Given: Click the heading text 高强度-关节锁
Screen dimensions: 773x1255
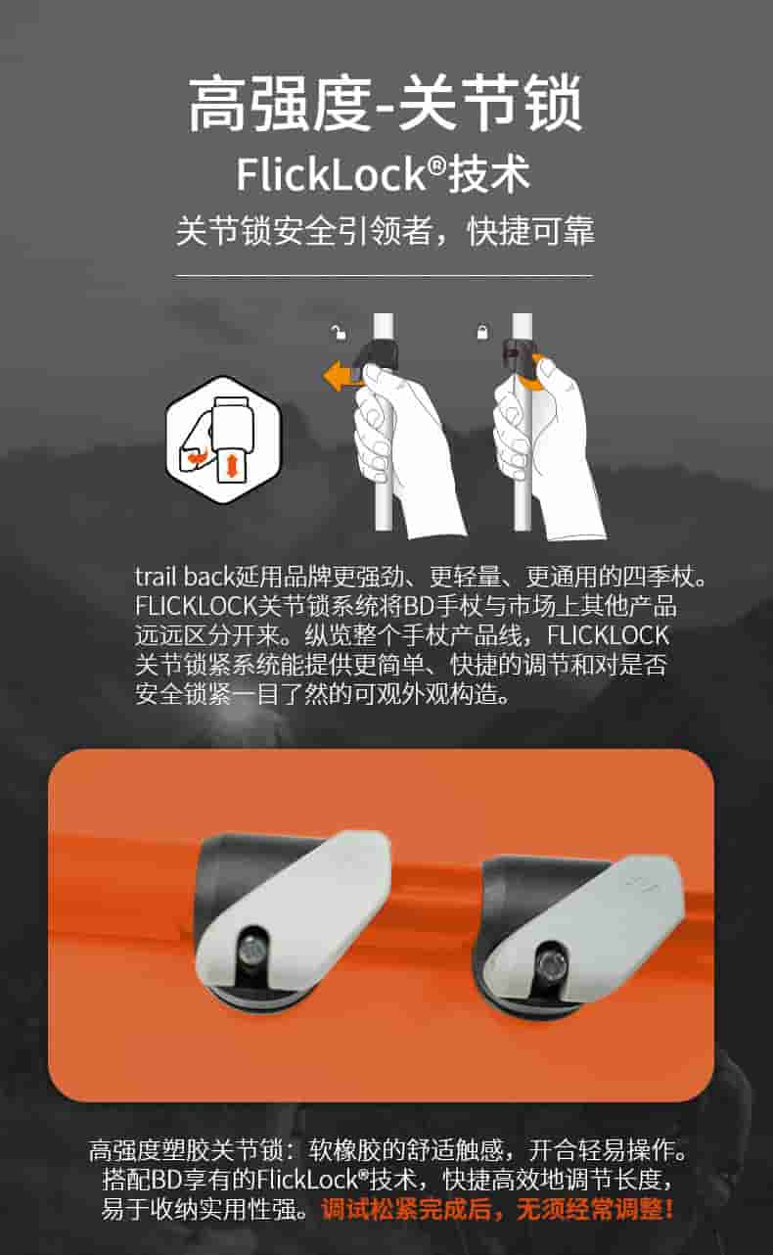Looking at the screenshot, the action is (x=386, y=105).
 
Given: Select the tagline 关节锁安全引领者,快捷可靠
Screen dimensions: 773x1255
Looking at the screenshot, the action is (x=386, y=230).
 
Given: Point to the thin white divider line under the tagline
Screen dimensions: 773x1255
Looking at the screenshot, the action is (x=384, y=276).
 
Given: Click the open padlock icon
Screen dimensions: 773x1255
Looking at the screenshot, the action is (x=339, y=332).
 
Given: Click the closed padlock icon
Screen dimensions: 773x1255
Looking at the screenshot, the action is (x=481, y=332).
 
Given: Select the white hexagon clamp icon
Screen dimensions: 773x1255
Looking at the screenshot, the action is (x=223, y=440).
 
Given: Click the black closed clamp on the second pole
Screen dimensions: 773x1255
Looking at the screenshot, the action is (x=517, y=356).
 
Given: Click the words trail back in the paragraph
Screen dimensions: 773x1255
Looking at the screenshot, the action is (x=184, y=577).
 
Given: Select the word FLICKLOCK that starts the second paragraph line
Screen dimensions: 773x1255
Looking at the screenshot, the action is (x=196, y=606).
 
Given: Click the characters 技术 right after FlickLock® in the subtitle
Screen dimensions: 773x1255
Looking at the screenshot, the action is (x=488, y=174).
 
